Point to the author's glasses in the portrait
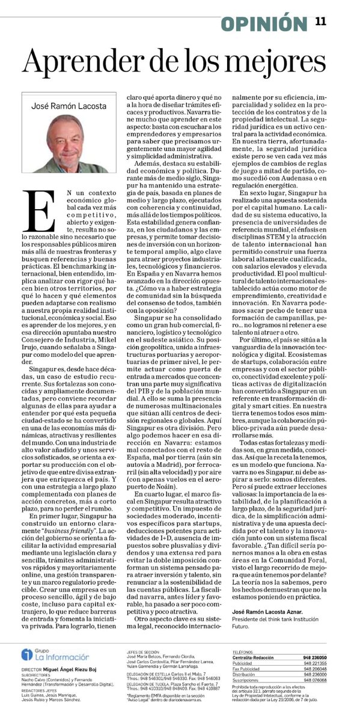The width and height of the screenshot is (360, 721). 67,139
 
